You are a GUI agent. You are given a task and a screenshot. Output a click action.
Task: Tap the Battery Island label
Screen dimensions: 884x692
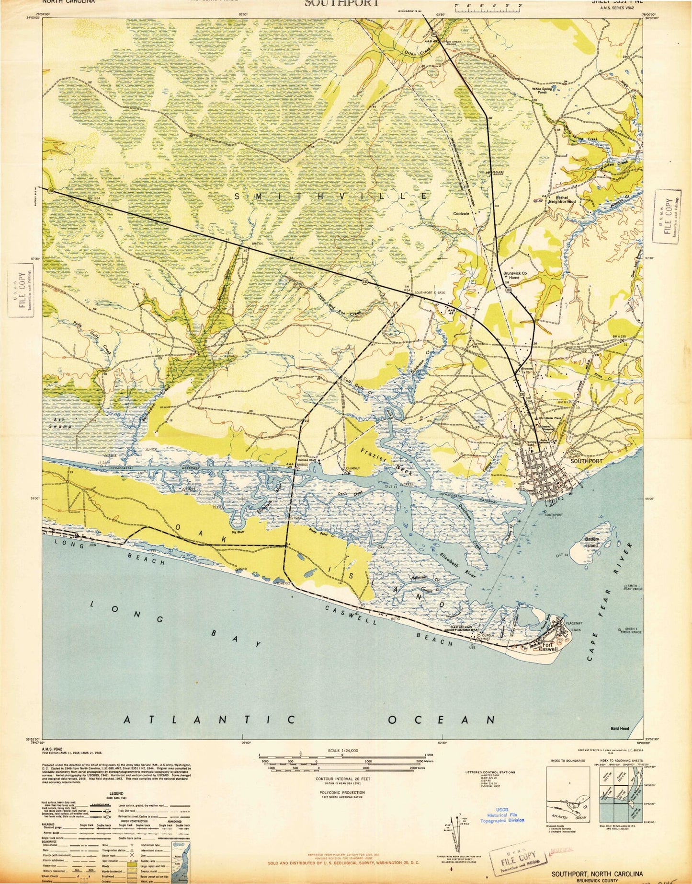click(x=592, y=542)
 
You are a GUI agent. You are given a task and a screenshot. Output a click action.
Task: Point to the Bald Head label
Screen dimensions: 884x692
click(x=620, y=742)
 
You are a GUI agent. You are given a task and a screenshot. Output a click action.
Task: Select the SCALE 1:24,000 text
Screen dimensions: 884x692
click(x=342, y=764)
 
